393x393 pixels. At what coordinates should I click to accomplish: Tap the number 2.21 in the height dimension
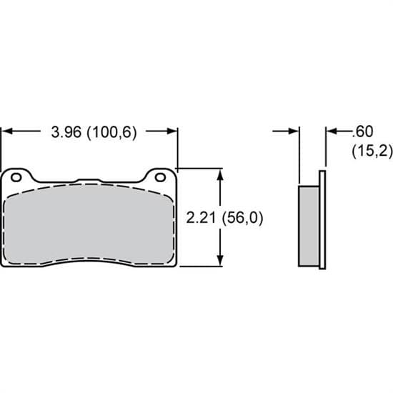(x=201, y=218)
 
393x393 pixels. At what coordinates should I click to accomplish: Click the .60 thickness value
(x=363, y=131)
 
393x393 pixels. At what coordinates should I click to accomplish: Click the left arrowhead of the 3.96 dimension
(x=9, y=131)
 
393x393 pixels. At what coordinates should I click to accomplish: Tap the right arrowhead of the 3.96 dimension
(x=171, y=131)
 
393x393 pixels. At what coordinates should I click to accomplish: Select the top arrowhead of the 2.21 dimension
(x=223, y=174)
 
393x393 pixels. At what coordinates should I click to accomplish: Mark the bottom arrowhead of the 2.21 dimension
(x=223, y=262)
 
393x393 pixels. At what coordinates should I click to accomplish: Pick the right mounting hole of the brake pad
(x=160, y=176)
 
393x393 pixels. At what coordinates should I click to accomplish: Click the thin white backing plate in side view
(x=322, y=222)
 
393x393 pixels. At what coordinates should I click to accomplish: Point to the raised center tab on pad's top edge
(x=89, y=180)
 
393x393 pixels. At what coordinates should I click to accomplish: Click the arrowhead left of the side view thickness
(x=294, y=131)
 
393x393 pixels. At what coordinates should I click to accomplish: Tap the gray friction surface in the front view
(x=89, y=225)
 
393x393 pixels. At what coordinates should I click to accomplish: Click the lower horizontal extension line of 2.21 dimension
(x=204, y=267)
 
